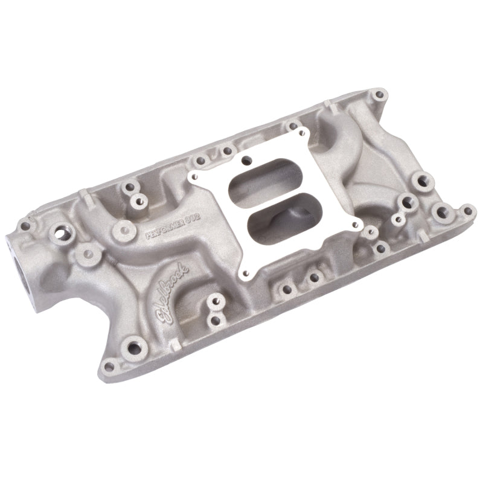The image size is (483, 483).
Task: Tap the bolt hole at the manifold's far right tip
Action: [466, 211]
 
